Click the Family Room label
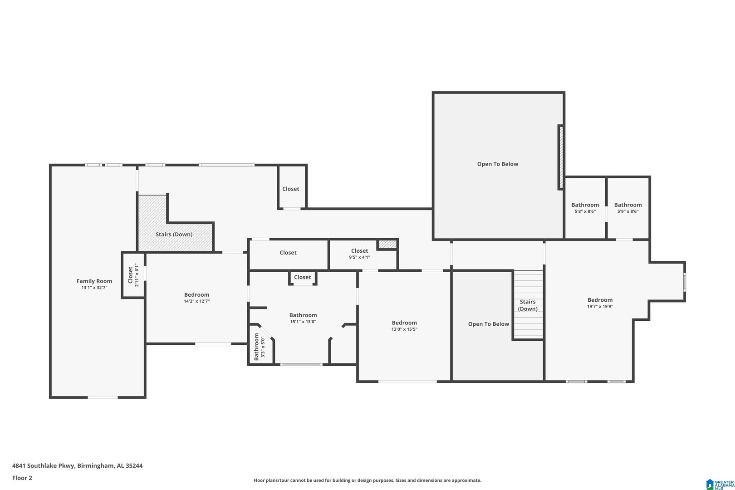pos(94,281)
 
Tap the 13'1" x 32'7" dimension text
pos(94,288)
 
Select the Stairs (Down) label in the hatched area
pos(174,234)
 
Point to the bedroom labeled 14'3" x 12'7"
pos(196,298)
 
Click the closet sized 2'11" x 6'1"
pos(133,275)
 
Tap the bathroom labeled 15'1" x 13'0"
pos(303,318)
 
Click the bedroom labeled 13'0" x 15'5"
pos(404,326)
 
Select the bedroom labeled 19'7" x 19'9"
pos(600,303)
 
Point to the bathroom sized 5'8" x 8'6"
pos(585,208)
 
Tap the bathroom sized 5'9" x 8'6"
pos(628,208)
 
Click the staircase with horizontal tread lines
pos(528,304)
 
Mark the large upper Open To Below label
pos(497,164)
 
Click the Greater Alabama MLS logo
pos(720,484)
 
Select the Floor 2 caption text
pos(22,478)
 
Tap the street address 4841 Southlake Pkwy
pos(43,465)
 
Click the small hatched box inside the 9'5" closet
pos(387,244)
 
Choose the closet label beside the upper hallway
pos(291,189)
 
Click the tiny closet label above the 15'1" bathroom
pos(302,277)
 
